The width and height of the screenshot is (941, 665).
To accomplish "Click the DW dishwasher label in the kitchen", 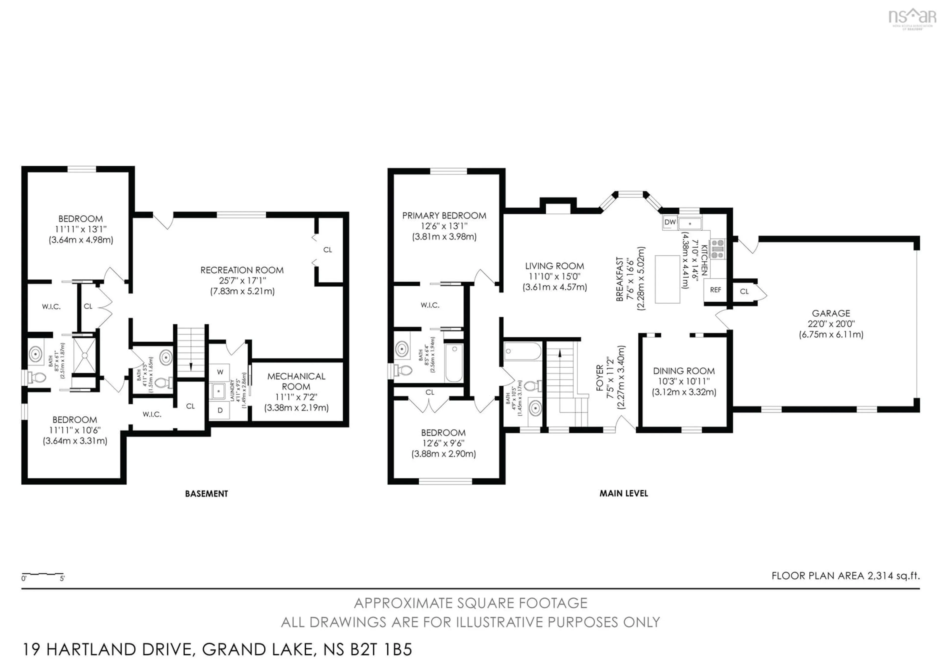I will point(670,222).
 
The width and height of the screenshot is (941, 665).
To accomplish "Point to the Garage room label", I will point(831,313).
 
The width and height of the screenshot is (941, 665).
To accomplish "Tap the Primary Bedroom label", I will point(444,216).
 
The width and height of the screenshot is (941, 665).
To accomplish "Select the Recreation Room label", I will point(242,270).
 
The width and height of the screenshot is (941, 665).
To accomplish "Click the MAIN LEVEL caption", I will point(623,493).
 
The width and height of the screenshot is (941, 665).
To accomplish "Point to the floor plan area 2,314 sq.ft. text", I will point(845,576).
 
